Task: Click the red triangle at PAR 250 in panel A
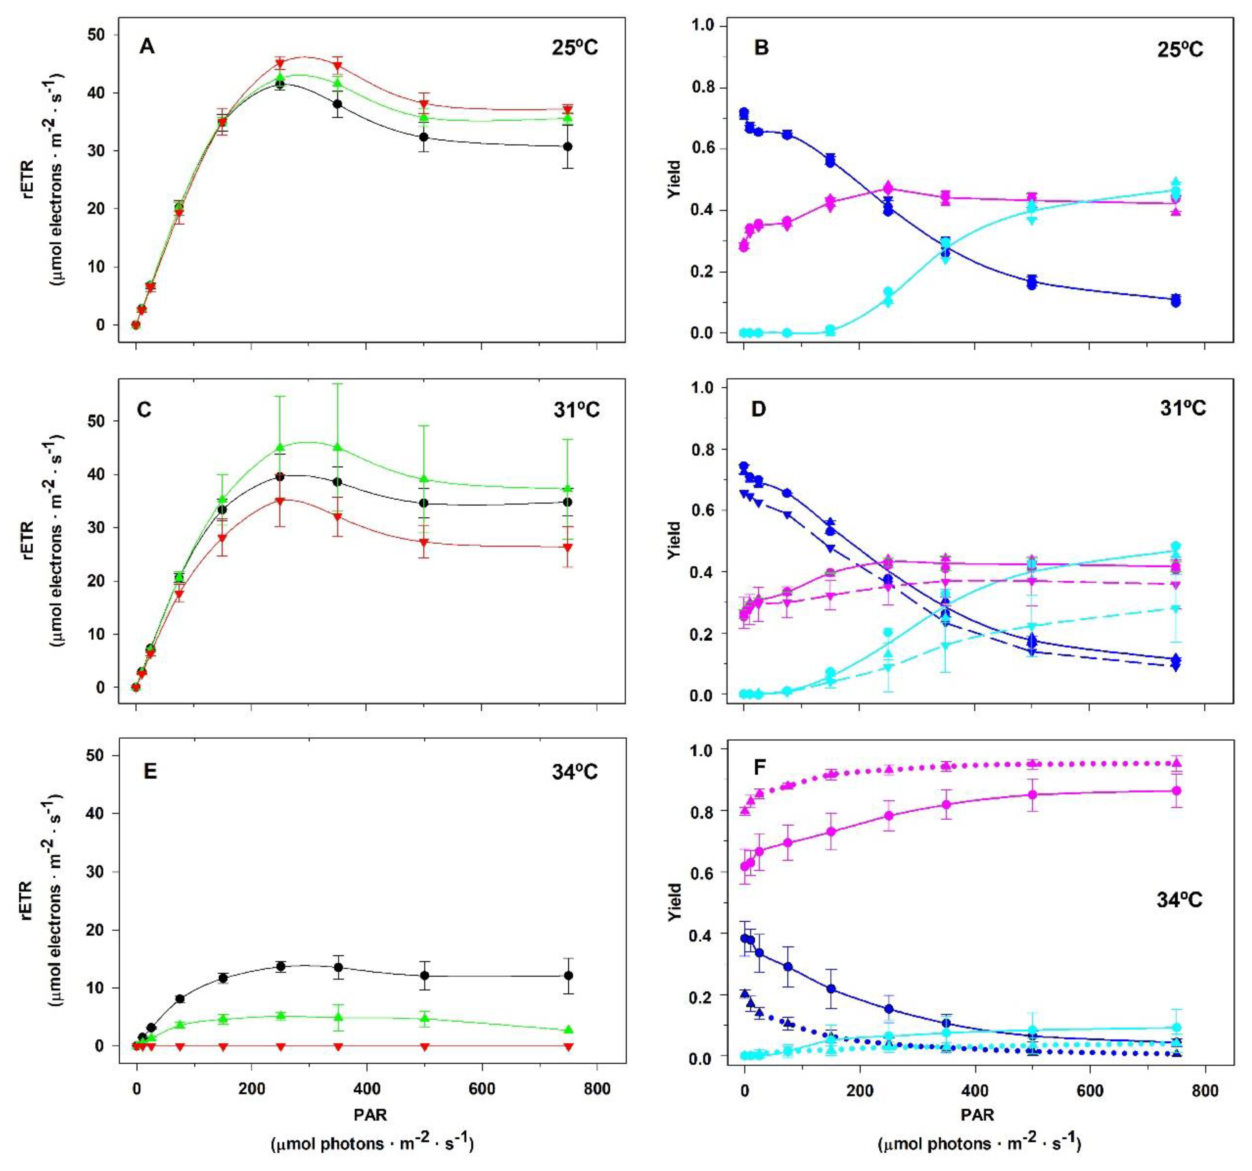point(280,64)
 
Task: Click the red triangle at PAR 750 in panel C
point(567,547)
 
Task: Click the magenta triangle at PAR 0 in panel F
point(744,811)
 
